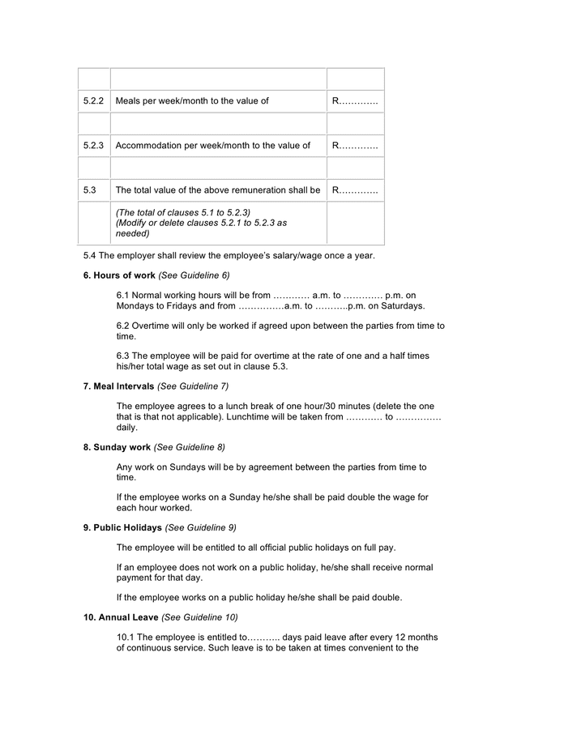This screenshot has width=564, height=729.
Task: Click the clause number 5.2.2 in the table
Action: [x=93, y=101]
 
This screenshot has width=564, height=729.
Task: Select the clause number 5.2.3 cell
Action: [x=93, y=146]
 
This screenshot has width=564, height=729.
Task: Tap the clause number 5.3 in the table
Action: [x=90, y=190]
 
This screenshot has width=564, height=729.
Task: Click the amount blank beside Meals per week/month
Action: [x=355, y=101]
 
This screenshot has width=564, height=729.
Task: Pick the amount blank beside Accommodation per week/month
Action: [x=355, y=146]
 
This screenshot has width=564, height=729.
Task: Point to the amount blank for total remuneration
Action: [x=355, y=190]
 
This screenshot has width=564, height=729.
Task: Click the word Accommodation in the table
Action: [x=150, y=146]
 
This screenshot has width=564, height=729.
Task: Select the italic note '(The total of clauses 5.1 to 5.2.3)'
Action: [x=182, y=212]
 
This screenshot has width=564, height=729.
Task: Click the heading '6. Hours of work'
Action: [x=119, y=275]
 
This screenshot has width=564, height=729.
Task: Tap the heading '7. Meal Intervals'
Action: [x=118, y=386]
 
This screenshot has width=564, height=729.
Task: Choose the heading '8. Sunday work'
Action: [x=117, y=447]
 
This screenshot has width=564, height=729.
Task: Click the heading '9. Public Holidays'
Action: [x=122, y=527]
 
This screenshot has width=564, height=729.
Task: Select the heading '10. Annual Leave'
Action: [x=121, y=617]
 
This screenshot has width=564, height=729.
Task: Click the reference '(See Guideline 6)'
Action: [x=194, y=275]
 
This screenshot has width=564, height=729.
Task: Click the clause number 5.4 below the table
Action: [x=90, y=256]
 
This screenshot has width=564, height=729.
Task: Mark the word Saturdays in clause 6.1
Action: [x=404, y=306]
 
